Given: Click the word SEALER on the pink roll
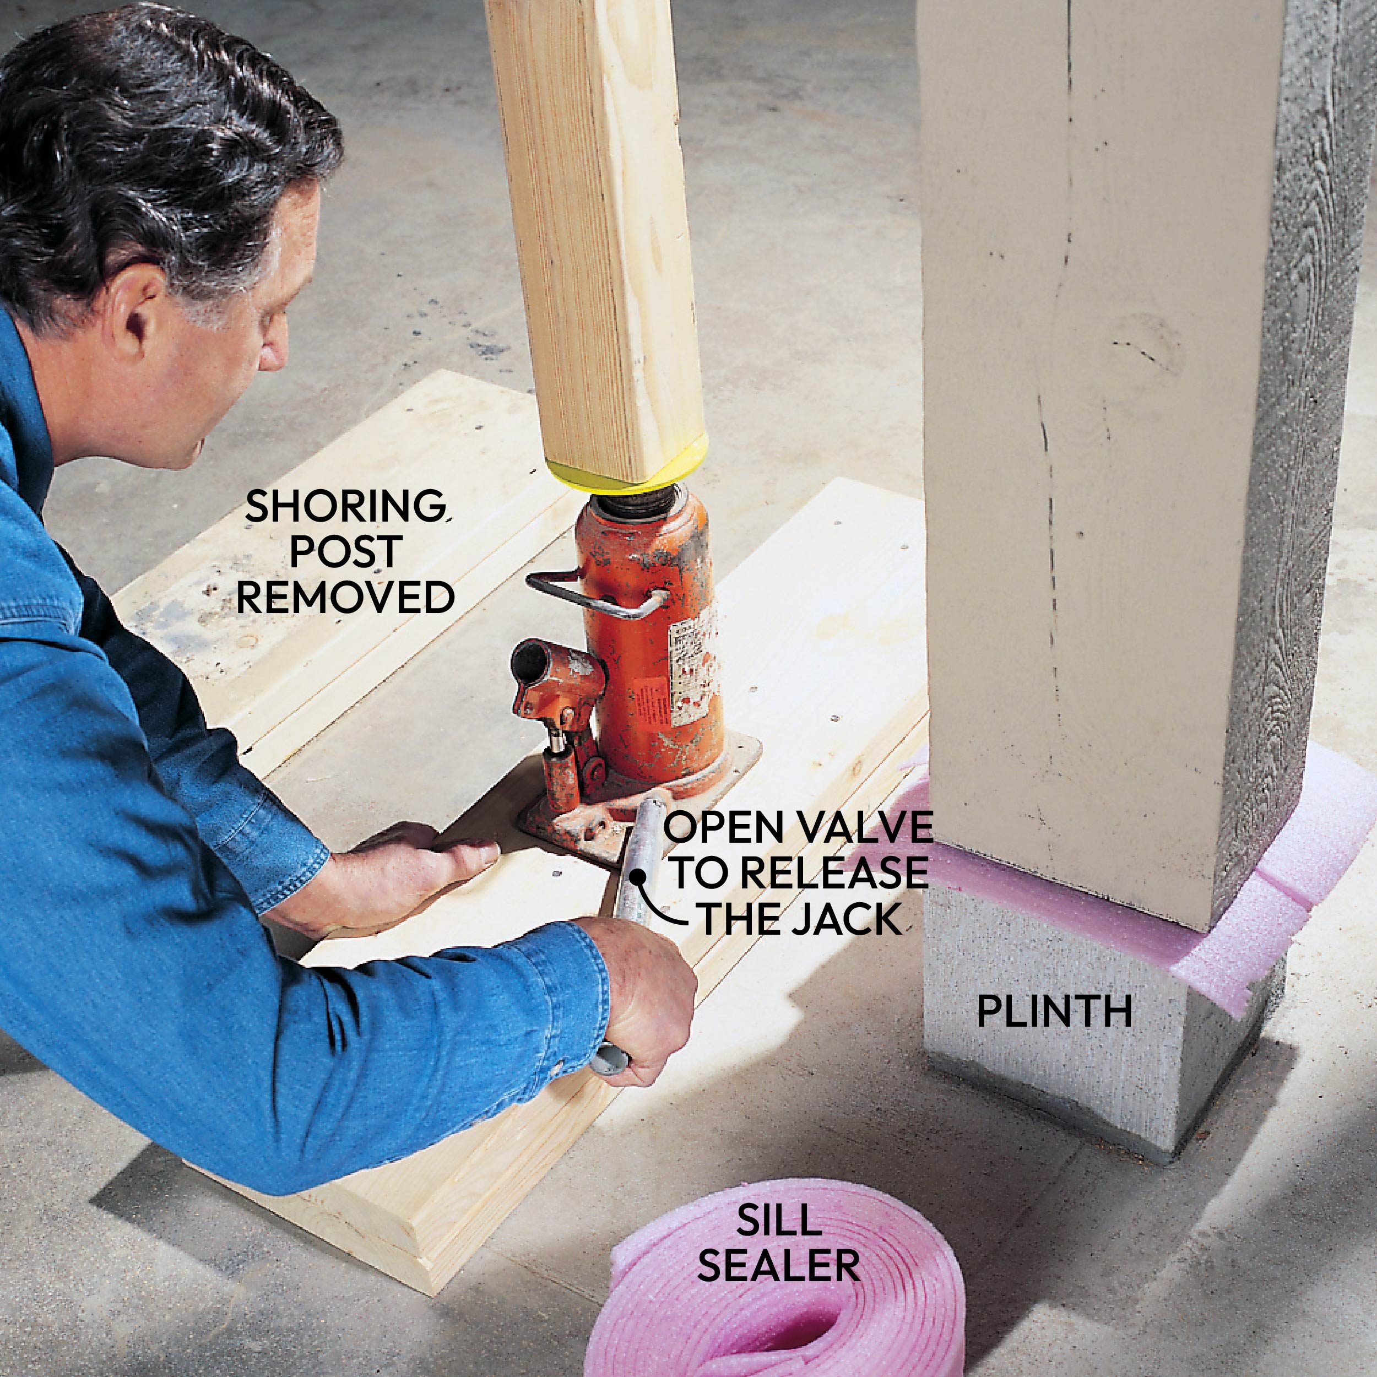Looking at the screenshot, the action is [778, 1265].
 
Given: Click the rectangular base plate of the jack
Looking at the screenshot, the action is [638, 802].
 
